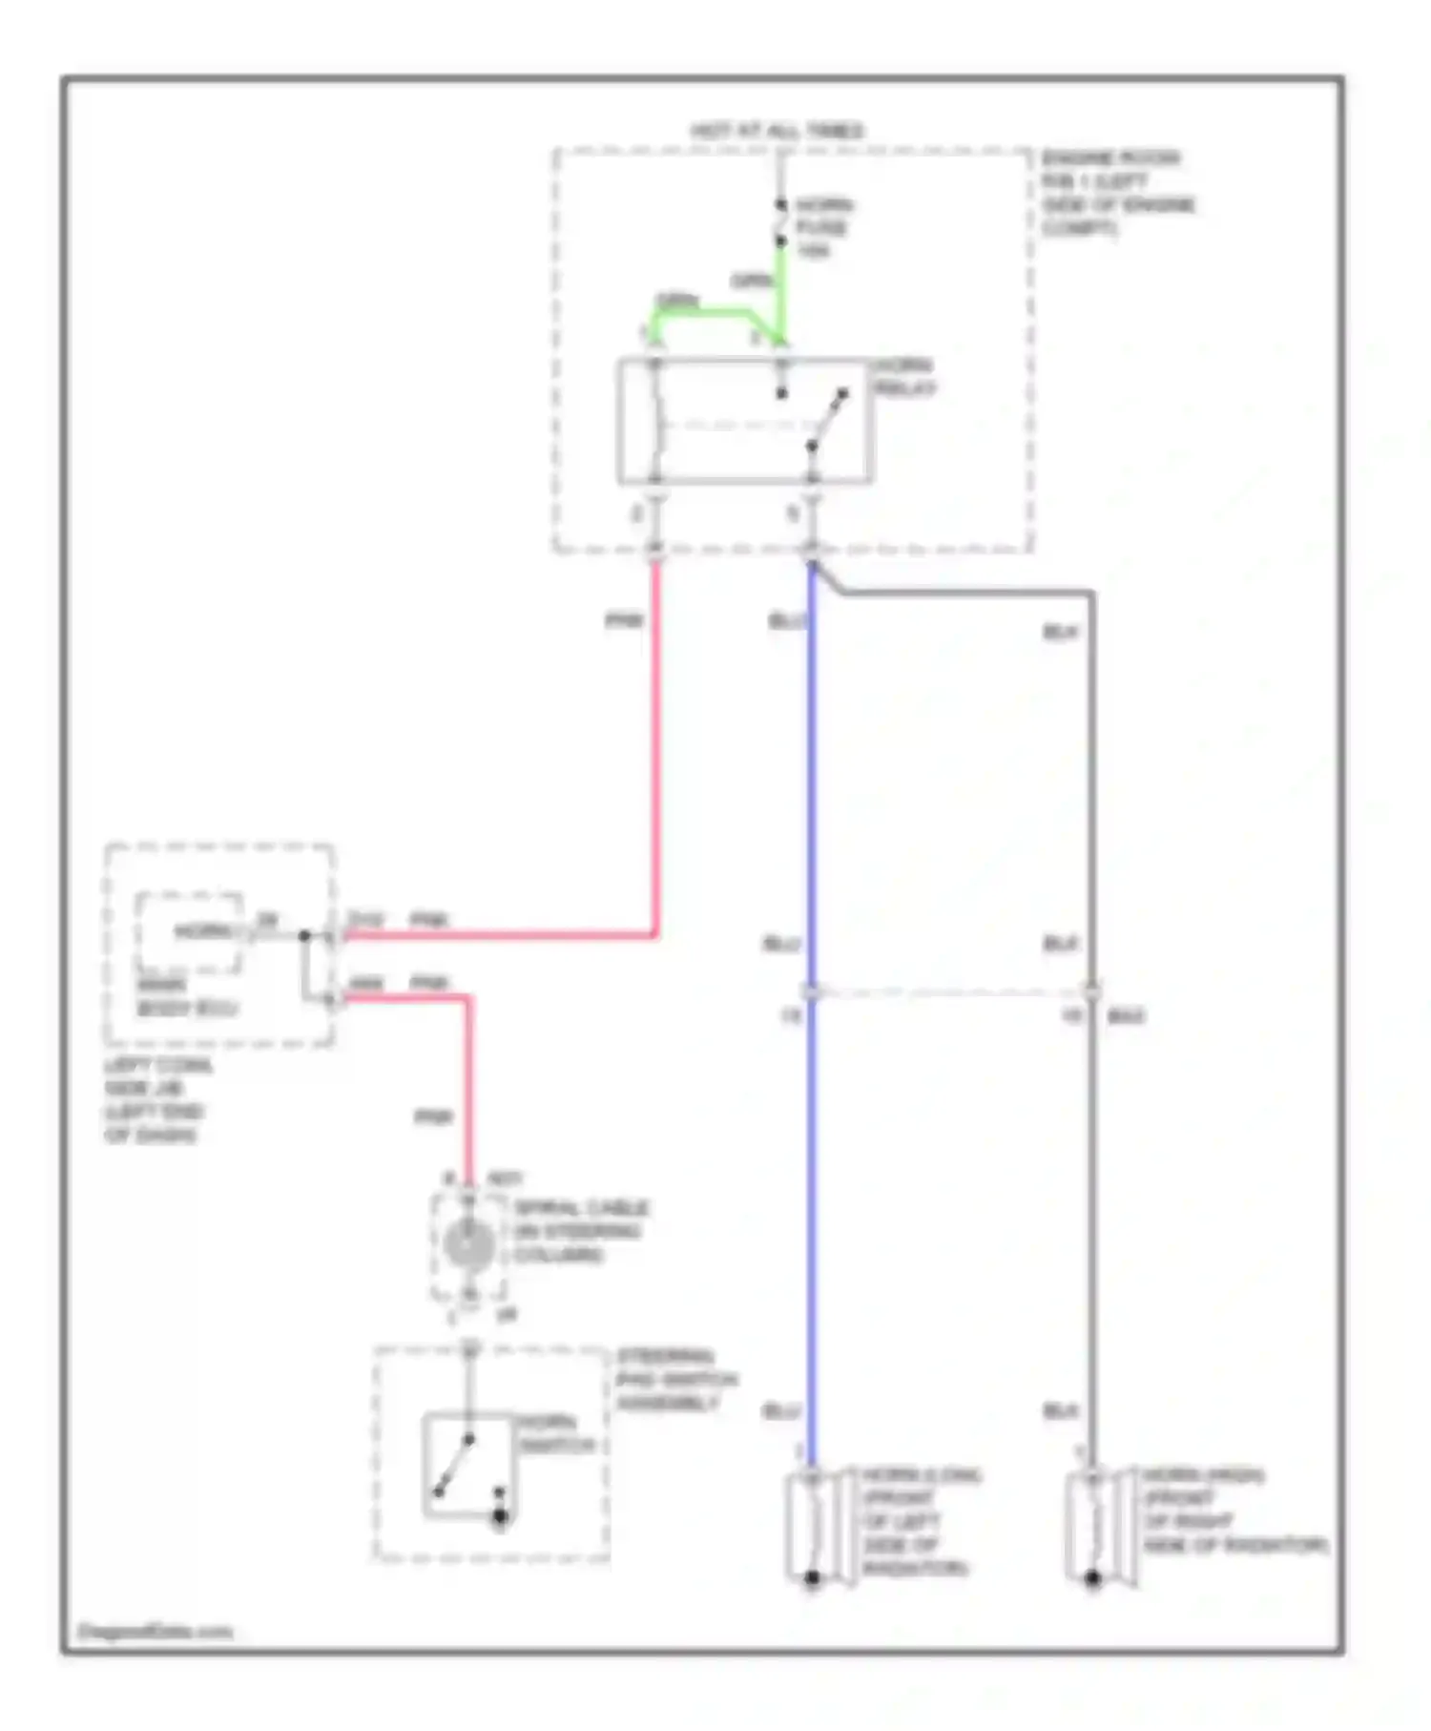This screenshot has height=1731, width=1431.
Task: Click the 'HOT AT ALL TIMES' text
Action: tap(777, 131)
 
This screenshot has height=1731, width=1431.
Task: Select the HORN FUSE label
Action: tap(823, 228)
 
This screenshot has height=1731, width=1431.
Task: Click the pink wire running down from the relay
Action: tap(655, 744)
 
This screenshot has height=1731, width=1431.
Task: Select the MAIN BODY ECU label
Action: tap(185, 997)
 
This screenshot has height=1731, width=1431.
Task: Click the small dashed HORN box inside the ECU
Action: tap(189, 932)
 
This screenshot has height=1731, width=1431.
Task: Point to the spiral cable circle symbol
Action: tap(468, 1244)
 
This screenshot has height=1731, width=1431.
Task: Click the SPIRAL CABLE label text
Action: tap(580, 1231)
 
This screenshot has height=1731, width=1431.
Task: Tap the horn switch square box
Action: tap(467, 1465)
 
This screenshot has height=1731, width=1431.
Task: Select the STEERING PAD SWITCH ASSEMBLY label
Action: tap(674, 1380)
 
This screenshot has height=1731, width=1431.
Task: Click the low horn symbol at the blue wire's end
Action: tap(813, 1528)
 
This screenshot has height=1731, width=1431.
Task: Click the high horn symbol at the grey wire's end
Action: tap(1093, 1528)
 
